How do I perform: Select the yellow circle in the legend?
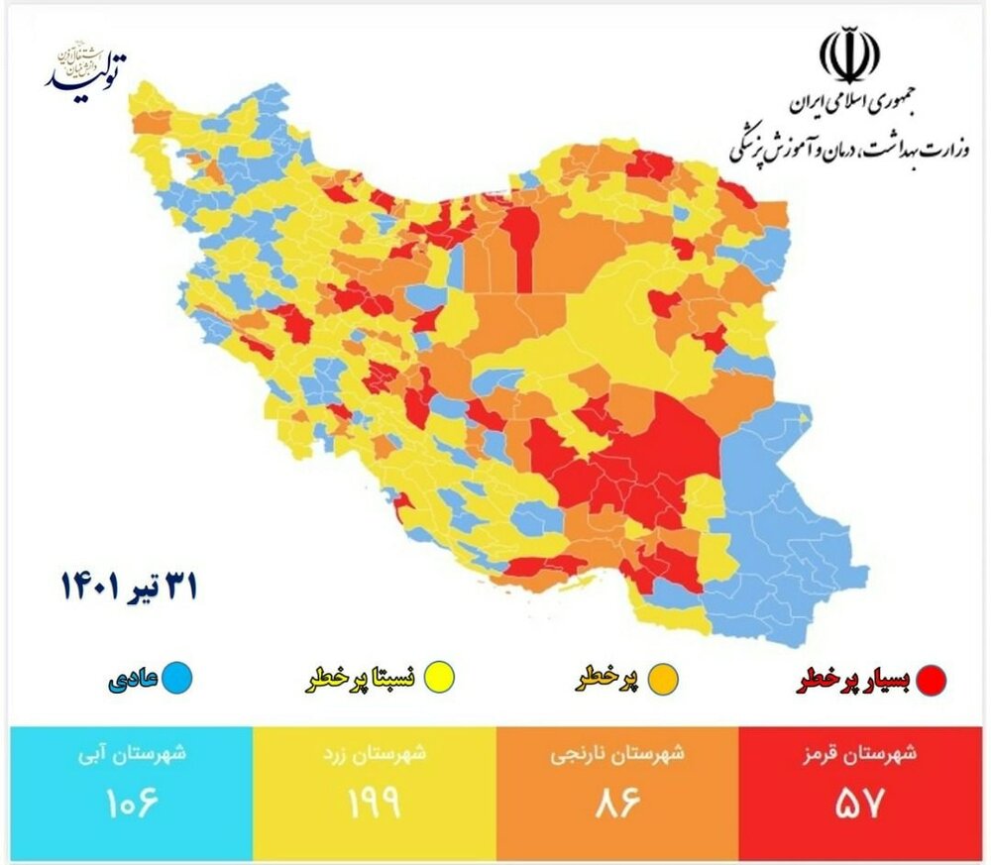tap(436, 679)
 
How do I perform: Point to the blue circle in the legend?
tap(178, 679)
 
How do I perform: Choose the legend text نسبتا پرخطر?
tap(359, 680)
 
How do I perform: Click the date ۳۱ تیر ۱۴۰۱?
tap(128, 587)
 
